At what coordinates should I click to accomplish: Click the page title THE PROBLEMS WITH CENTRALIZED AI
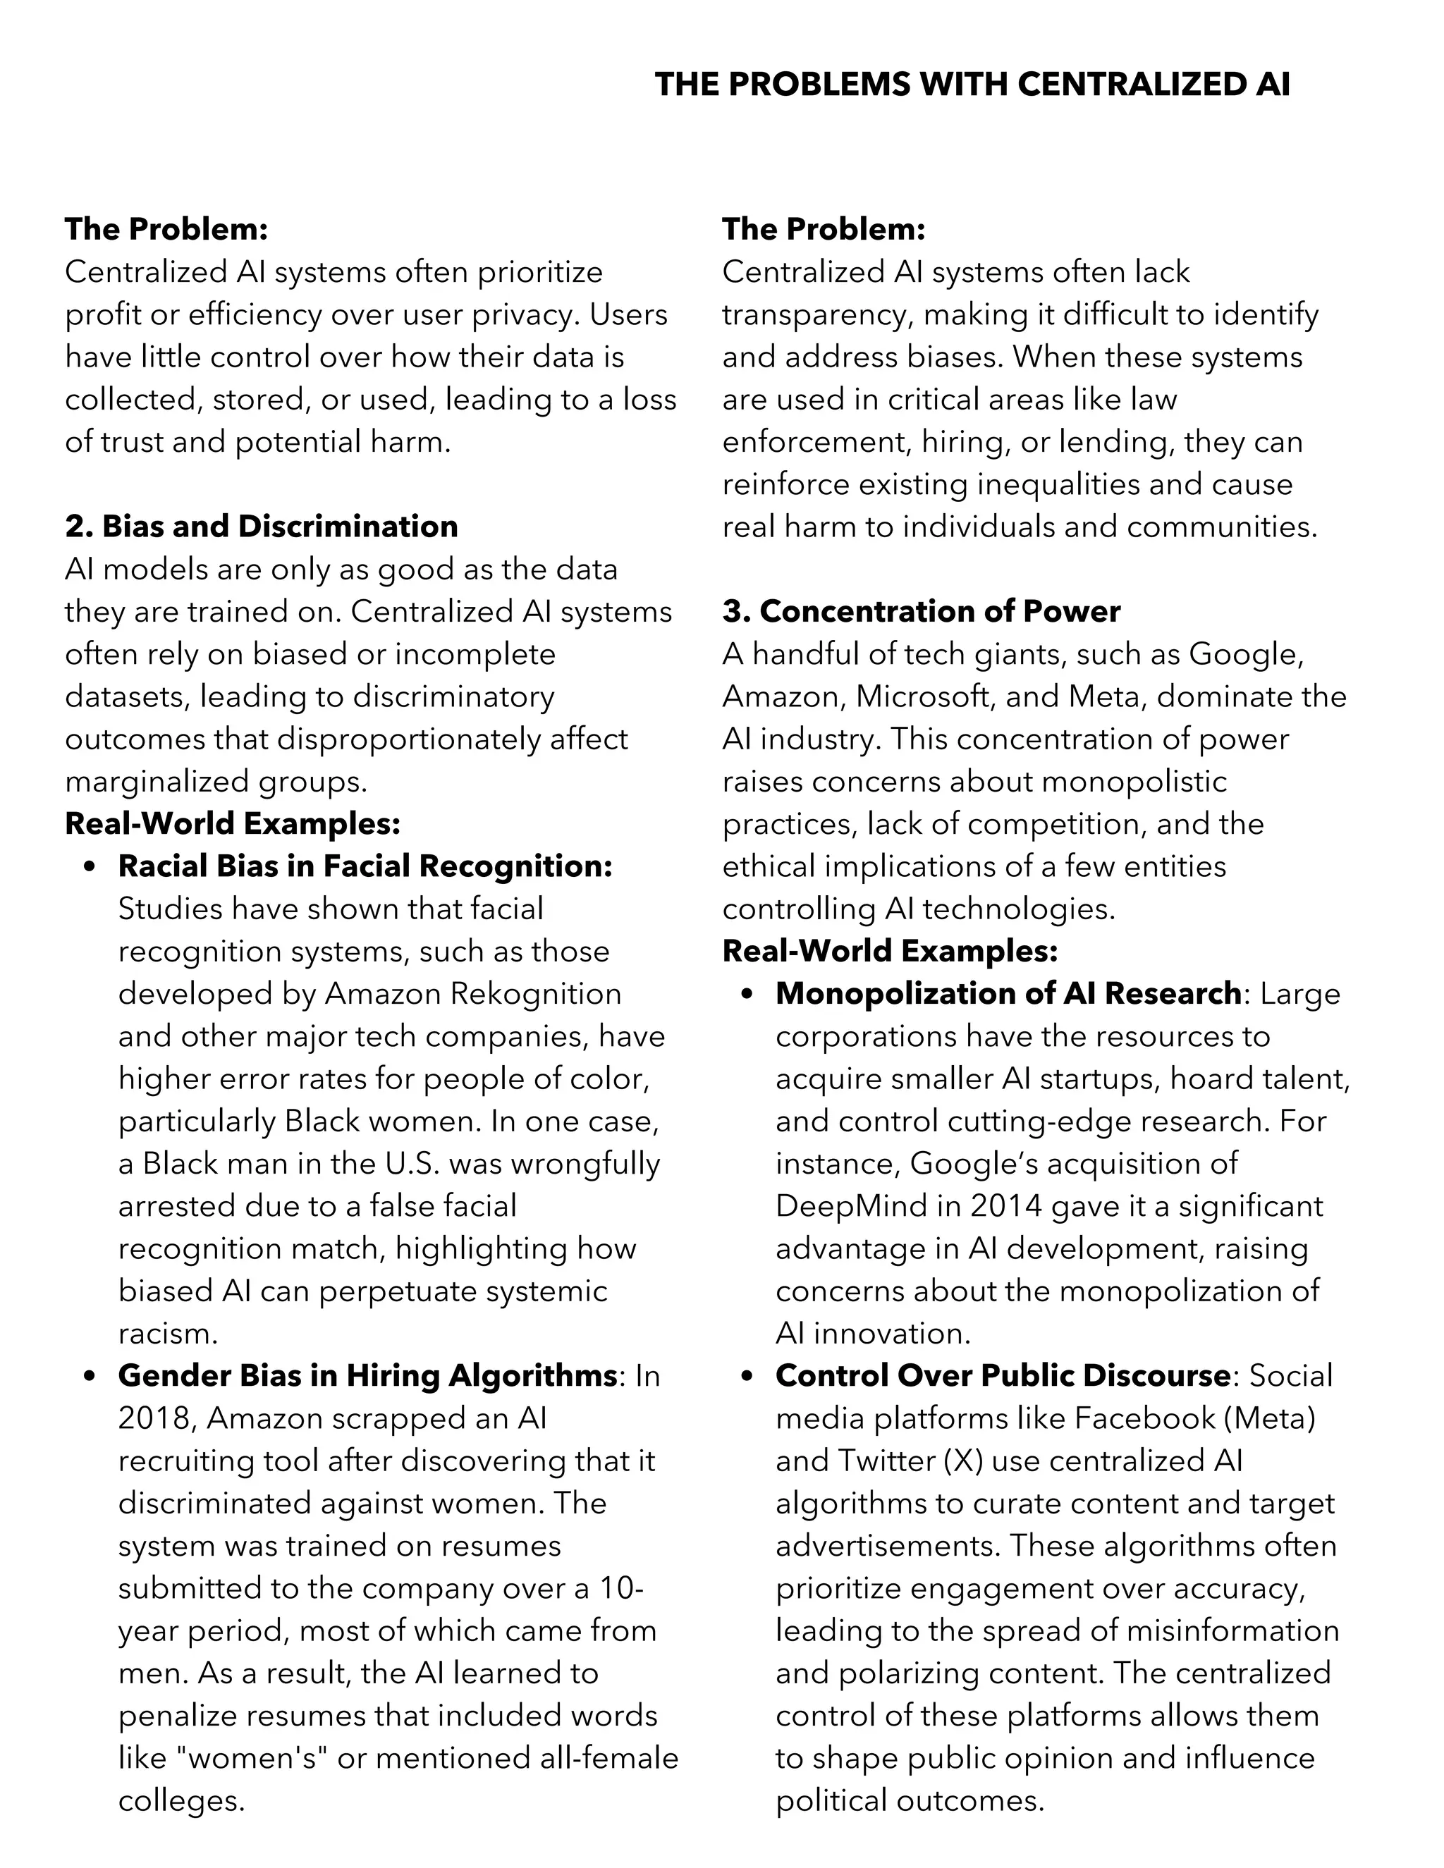(972, 85)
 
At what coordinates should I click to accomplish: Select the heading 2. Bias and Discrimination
(262, 526)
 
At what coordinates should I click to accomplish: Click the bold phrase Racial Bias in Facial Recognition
(365, 866)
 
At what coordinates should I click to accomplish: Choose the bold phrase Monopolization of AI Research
(1008, 993)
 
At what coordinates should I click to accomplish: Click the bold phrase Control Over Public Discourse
(1003, 1375)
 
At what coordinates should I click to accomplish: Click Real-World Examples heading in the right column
(890, 950)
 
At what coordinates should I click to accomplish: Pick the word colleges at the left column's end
(181, 1800)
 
